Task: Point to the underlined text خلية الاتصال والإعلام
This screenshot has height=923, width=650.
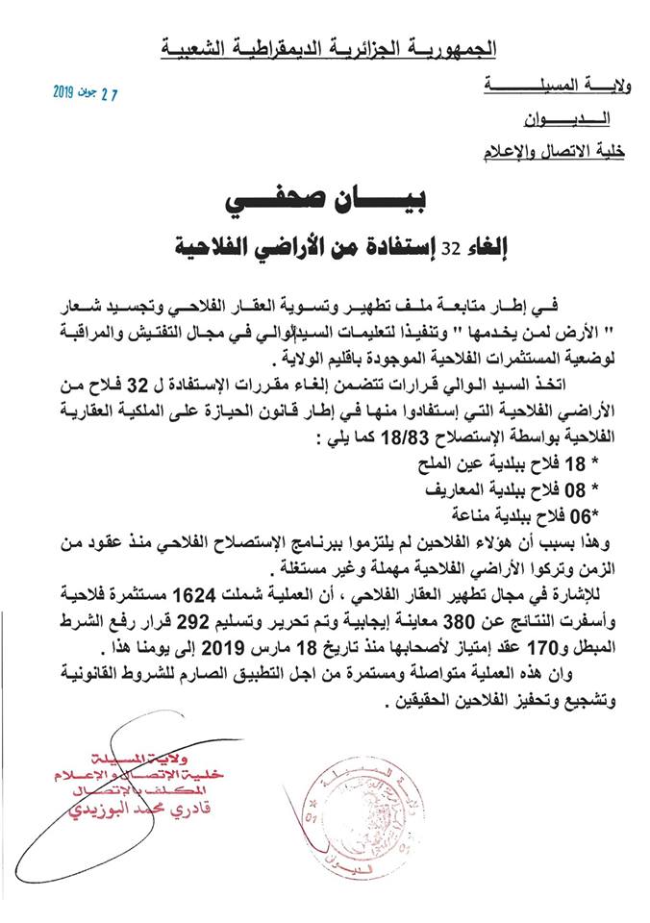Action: click(x=548, y=150)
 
